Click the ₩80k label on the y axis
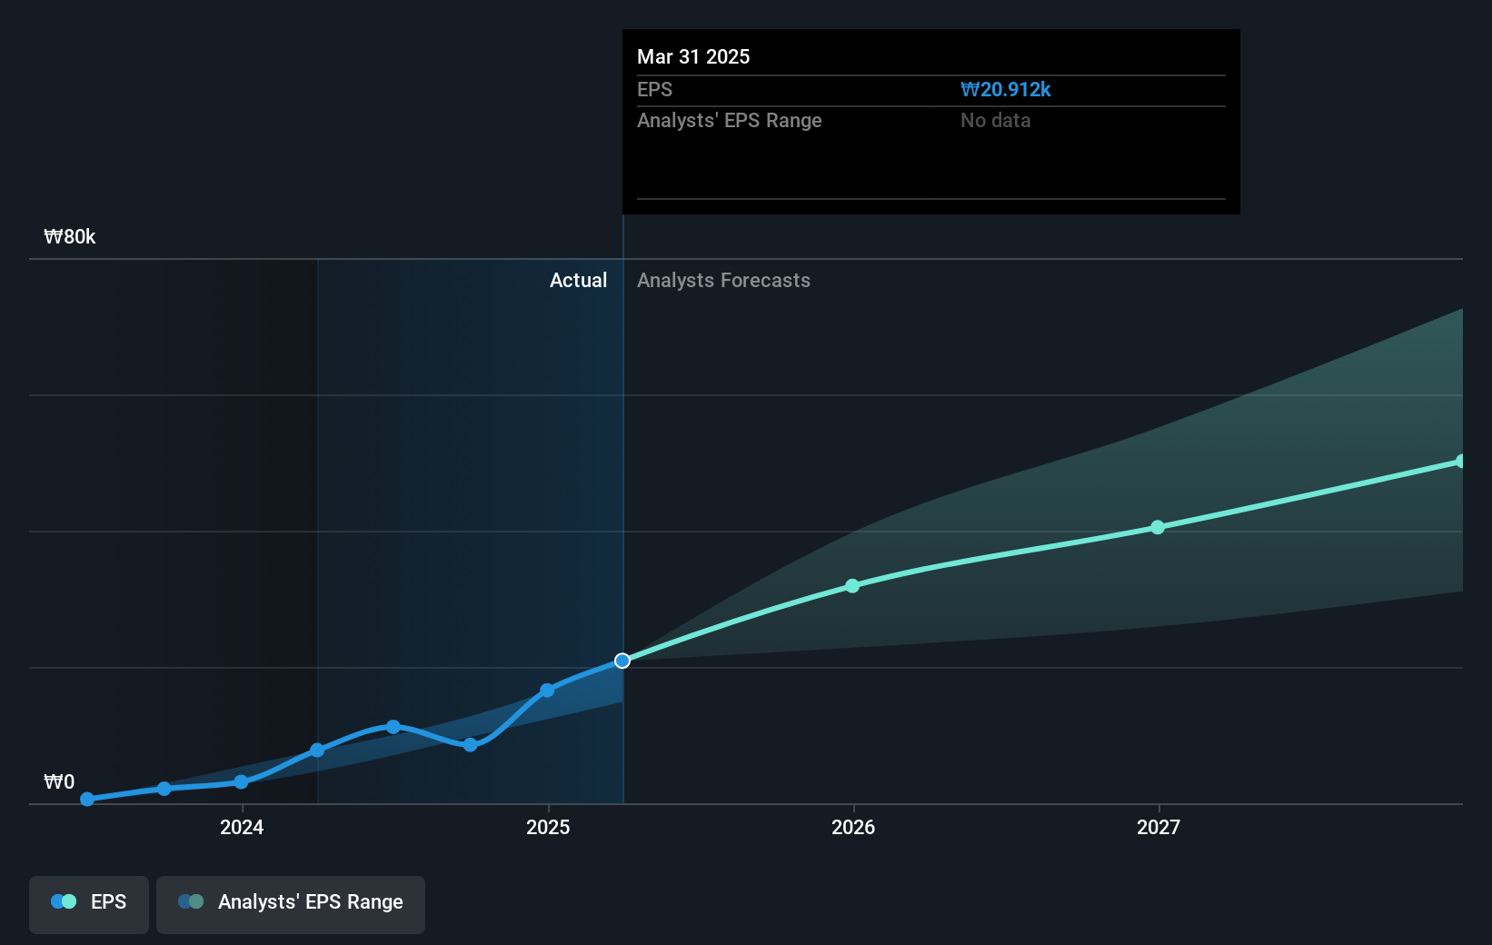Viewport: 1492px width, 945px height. click(70, 237)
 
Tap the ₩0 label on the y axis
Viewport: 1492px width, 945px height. click(59, 782)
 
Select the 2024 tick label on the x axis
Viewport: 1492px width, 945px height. click(242, 827)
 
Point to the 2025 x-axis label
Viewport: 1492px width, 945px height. click(548, 827)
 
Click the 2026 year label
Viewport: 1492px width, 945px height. click(853, 827)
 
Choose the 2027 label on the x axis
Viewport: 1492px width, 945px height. click(1159, 827)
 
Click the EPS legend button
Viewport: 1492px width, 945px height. click(89, 902)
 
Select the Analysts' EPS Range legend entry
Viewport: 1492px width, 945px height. click(291, 902)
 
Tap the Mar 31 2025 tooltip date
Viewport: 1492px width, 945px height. click(693, 57)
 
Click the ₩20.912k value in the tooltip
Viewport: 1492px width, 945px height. click(1005, 90)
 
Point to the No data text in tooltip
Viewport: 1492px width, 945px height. click(995, 121)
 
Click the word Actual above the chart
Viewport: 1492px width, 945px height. click(578, 281)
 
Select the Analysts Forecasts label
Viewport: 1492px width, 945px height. click(723, 281)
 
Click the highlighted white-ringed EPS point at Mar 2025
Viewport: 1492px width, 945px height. click(622, 661)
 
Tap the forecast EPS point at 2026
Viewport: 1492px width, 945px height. click(852, 586)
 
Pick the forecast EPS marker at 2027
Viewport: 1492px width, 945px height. click(1158, 527)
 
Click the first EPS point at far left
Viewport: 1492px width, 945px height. click(87, 800)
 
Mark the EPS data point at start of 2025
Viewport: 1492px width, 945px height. click(547, 691)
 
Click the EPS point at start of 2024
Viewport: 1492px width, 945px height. click(241, 781)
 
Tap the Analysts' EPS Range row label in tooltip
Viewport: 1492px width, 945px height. click(729, 121)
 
